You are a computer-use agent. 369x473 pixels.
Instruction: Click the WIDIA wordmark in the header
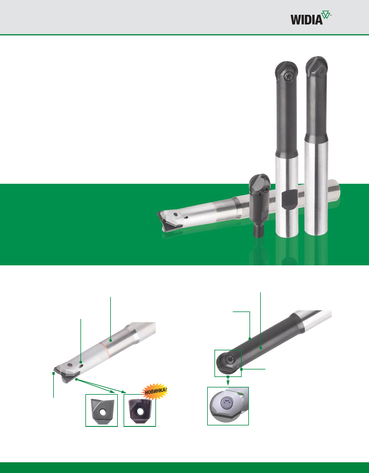coord(307,20)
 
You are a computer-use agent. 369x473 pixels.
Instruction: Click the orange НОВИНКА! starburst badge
coord(155,391)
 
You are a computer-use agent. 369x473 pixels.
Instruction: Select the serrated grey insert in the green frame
coord(101,412)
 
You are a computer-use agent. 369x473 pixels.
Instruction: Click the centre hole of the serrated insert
coord(101,413)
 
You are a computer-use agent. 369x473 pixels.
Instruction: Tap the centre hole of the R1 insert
coord(138,413)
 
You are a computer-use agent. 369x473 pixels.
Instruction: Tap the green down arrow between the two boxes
coord(228,381)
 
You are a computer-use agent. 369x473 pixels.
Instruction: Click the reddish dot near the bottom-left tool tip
coord(70,365)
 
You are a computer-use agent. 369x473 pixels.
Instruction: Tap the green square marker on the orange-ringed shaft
coord(111,340)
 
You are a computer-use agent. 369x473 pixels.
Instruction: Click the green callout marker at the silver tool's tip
coord(54,373)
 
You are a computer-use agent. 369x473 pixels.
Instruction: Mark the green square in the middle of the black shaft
coord(261,348)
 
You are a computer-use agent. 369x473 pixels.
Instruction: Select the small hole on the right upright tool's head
coord(322,71)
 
